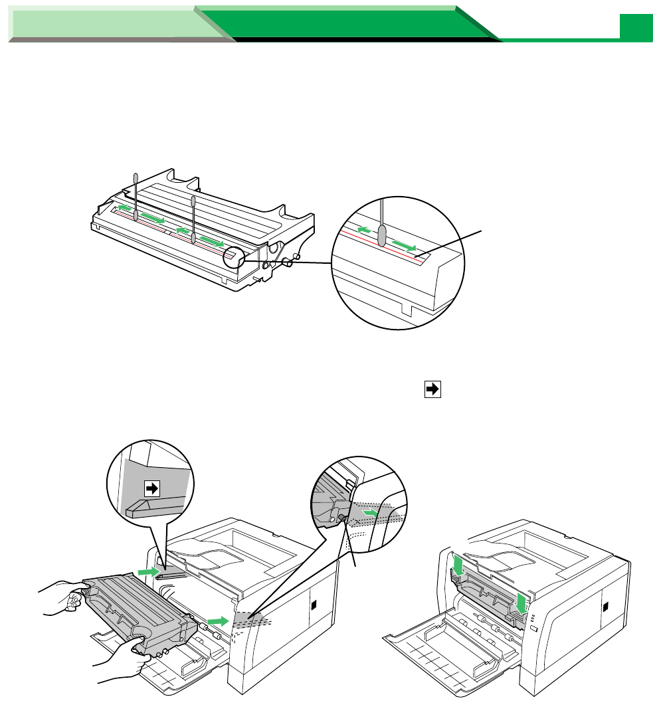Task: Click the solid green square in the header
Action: pyautogui.click(x=636, y=27)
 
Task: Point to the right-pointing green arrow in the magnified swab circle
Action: pyautogui.click(x=406, y=247)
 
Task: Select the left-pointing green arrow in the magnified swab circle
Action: pyautogui.click(x=362, y=229)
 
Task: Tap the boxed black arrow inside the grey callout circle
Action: pyautogui.click(x=152, y=488)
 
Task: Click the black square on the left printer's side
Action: pyautogui.click(x=314, y=607)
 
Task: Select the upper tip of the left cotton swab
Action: pyautogui.click(x=136, y=177)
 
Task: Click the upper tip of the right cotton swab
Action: pyautogui.click(x=193, y=200)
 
